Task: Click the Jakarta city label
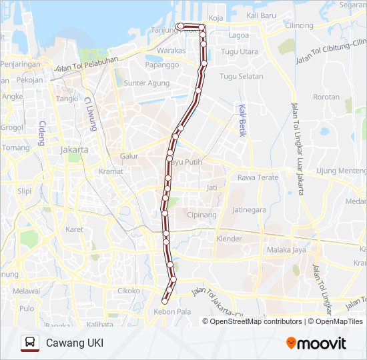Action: pyautogui.click(x=74, y=150)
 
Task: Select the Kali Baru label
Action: pyautogui.click(x=261, y=15)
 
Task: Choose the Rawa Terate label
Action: pyautogui.click(x=258, y=177)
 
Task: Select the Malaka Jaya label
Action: pyautogui.click(x=286, y=249)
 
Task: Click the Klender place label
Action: pyautogui.click(x=229, y=239)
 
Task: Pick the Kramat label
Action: pyautogui.click(x=111, y=171)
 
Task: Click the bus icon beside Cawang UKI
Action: pyautogui.click(x=29, y=343)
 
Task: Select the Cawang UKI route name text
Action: pyautogui.click(x=75, y=343)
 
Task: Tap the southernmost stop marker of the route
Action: pyautogui.click(x=165, y=302)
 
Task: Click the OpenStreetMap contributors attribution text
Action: pyautogui.click(x=256, y=321)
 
